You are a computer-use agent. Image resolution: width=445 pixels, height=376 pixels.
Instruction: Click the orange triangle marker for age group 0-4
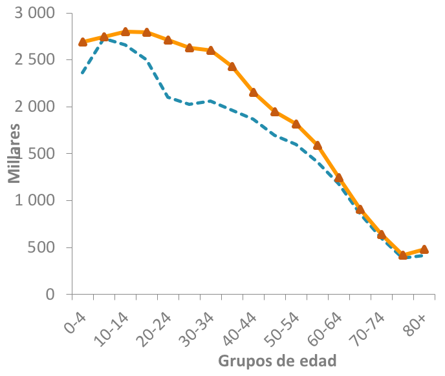[x=83, y=41]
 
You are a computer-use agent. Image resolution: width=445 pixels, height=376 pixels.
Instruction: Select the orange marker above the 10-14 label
[x=125, y=32]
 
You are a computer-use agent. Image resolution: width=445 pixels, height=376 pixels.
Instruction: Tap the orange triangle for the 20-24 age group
[x=168, y=40]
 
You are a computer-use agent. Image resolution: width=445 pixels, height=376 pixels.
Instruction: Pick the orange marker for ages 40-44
[x=254, y=92]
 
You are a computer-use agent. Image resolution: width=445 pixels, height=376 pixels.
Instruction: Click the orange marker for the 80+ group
[x=424, y=249]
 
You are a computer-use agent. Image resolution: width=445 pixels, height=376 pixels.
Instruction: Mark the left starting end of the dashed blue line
[x=82, y=73]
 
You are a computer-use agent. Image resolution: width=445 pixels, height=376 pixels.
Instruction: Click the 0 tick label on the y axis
[x=50, y=295]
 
